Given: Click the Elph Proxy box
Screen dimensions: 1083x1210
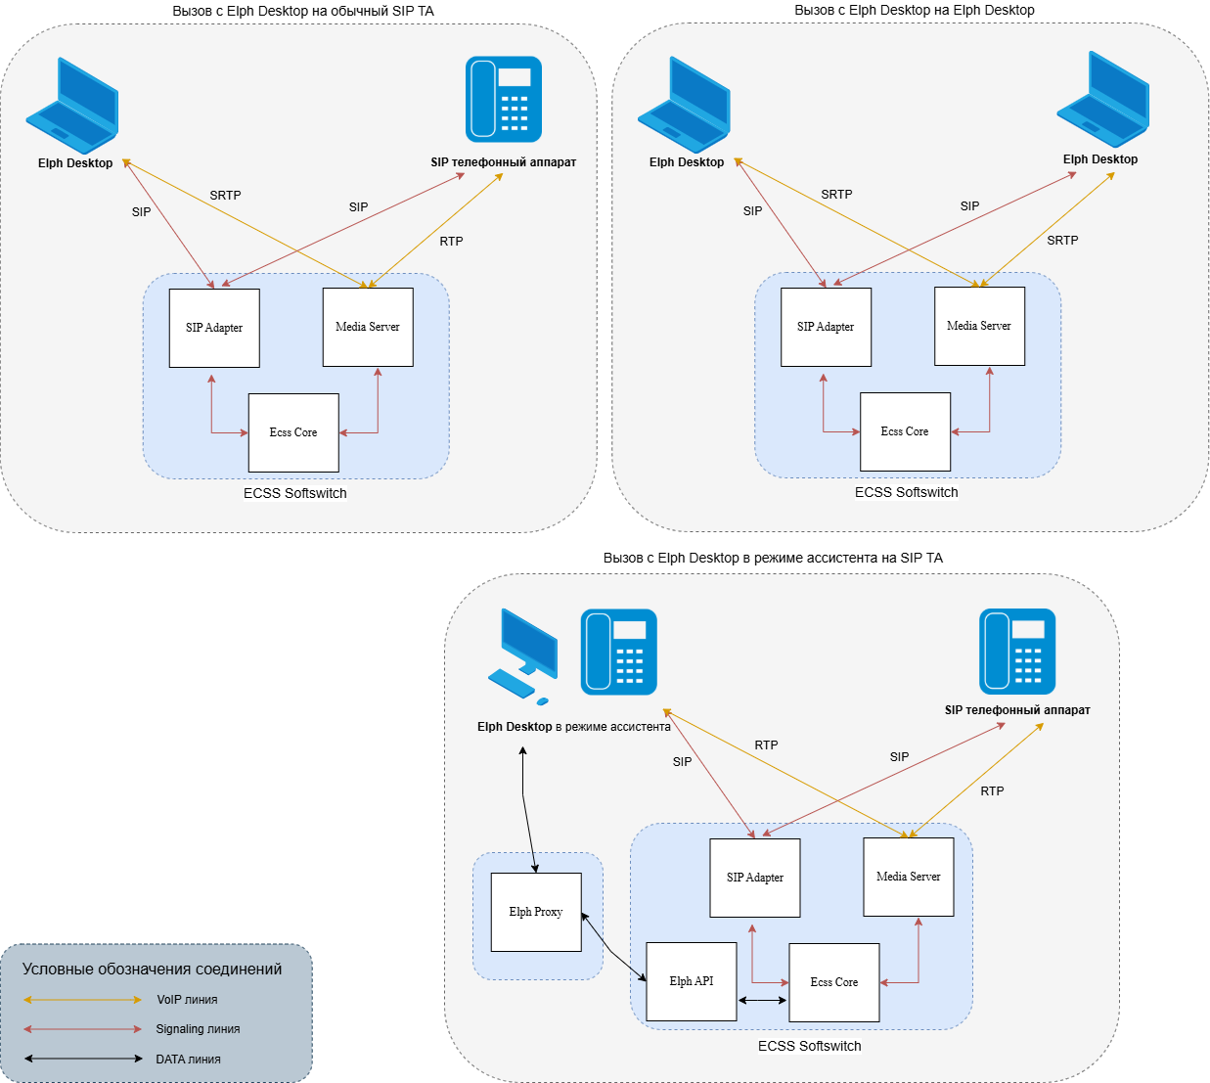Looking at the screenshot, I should point(536,912).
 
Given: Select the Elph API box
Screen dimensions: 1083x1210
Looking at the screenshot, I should point(692,981).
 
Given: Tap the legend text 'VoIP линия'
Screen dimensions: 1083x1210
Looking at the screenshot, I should point(187,1000).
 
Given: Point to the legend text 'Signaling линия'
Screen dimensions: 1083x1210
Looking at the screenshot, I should point(198,1029).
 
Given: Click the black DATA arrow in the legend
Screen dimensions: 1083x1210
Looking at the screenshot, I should point(83,1059).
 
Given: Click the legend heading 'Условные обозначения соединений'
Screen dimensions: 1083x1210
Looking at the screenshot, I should point(153,970).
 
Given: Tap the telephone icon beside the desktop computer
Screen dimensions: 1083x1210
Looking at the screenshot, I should point(618,652).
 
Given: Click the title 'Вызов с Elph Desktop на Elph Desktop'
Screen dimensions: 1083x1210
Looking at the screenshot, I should point(914,10).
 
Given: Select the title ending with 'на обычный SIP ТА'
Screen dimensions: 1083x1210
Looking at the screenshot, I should point(303,11).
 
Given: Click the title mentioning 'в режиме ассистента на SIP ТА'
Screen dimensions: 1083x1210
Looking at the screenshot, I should point(773,558).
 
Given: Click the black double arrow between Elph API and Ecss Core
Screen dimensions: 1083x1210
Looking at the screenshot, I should point(763,1000).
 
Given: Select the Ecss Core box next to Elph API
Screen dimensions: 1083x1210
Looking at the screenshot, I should point(834,982).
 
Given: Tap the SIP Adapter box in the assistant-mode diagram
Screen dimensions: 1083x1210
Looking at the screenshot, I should point(755,878).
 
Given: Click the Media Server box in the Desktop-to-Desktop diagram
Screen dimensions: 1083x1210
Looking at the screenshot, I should point(979,326).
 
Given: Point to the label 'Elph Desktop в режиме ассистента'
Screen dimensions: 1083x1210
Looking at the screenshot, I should point(573,727).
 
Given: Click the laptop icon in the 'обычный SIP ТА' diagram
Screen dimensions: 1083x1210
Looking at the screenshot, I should point(73,105).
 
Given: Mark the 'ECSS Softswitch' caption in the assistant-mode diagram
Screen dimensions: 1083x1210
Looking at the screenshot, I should point(809,1046).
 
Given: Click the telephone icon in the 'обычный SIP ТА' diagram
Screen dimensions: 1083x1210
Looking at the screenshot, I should point(504,99).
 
